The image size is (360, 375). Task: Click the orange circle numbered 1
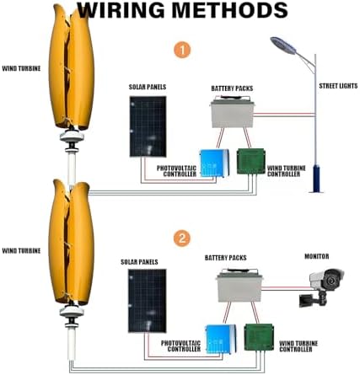click(182, 50)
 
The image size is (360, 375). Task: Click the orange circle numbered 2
click(182, 238)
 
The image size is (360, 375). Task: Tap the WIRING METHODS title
click(180, 12)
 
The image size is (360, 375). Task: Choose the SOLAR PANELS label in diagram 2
click(140, 263)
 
